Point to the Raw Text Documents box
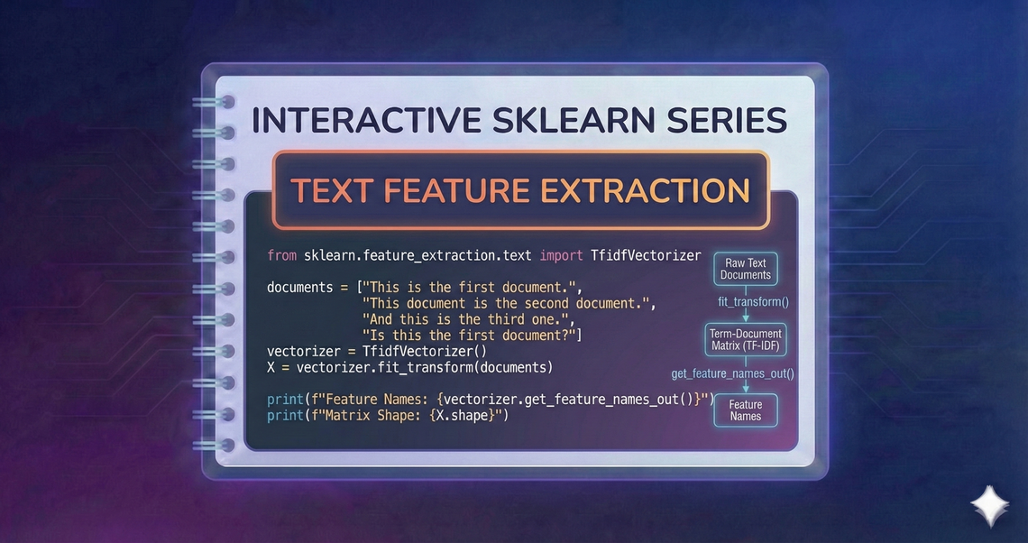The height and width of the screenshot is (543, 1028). click(x=746, y=269)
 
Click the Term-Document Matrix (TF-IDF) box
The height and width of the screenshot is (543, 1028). click(x=746, y=339)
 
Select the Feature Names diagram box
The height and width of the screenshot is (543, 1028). click(x=746, y=410)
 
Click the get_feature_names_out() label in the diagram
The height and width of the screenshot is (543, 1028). click(x=732, y=373)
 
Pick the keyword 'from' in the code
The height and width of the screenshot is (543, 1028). click(x=281, y=255)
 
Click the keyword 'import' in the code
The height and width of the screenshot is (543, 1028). click(x=561, y=255)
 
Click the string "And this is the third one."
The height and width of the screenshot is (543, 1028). click(x=467, y=319)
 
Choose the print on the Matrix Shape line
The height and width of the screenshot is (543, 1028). click(x=286, y=415)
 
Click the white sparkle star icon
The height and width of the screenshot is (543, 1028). click(x=989, y=505)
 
